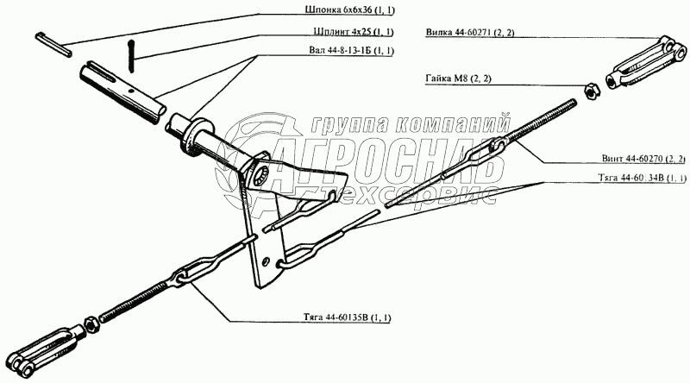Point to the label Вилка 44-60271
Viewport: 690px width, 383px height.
[x=471, y=35]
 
